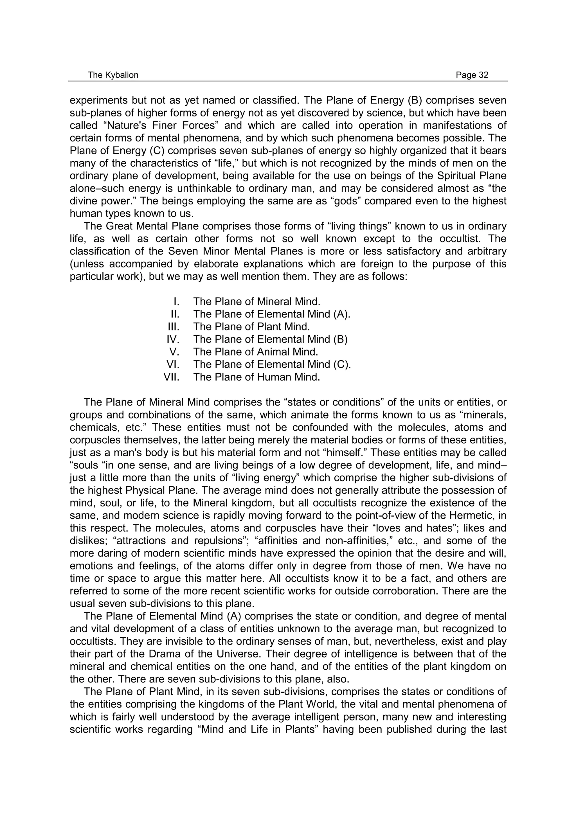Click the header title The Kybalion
coord(113,75)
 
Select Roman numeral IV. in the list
coord(173,339)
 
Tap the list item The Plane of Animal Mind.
coord(256,352)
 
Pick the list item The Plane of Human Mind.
coord(256,377)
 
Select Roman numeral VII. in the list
coord(171,377)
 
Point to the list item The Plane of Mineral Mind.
coord(256,302)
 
